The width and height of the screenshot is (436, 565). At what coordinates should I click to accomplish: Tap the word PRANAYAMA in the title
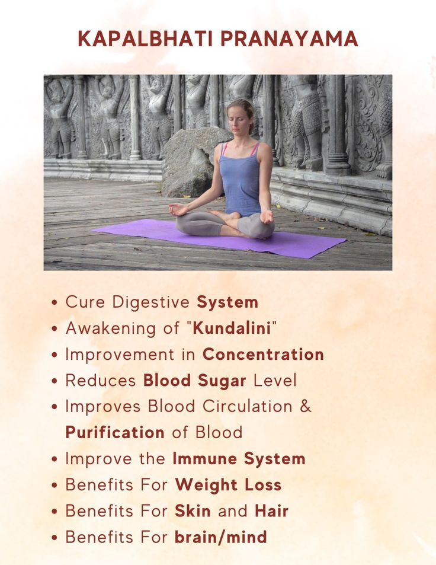(290, 39)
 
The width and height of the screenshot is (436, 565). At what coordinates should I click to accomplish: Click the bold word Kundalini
(232, 328)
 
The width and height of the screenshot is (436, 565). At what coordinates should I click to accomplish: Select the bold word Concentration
(263, 355)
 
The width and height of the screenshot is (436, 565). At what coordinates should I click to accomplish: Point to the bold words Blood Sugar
(195, 381)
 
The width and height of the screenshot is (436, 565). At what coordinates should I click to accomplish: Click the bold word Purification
(115, 432)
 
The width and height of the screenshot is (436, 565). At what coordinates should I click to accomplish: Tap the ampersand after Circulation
(305, 407)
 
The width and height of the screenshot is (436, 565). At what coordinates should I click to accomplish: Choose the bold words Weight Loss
(228, 485)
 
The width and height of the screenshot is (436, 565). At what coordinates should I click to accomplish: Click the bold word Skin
(193, 511)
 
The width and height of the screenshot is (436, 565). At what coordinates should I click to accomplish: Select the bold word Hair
(271, 511)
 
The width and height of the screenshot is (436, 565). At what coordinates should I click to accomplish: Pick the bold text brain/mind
(221, 537)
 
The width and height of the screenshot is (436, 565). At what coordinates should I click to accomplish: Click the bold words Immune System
(239, 459)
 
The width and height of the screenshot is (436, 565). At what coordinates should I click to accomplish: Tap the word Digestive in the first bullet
(151, 302)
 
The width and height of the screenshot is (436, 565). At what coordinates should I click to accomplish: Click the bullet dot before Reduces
(54, 381)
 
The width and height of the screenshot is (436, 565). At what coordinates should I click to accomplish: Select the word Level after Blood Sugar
(275, 381)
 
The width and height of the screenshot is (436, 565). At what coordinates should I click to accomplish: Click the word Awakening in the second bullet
(111, 328)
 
